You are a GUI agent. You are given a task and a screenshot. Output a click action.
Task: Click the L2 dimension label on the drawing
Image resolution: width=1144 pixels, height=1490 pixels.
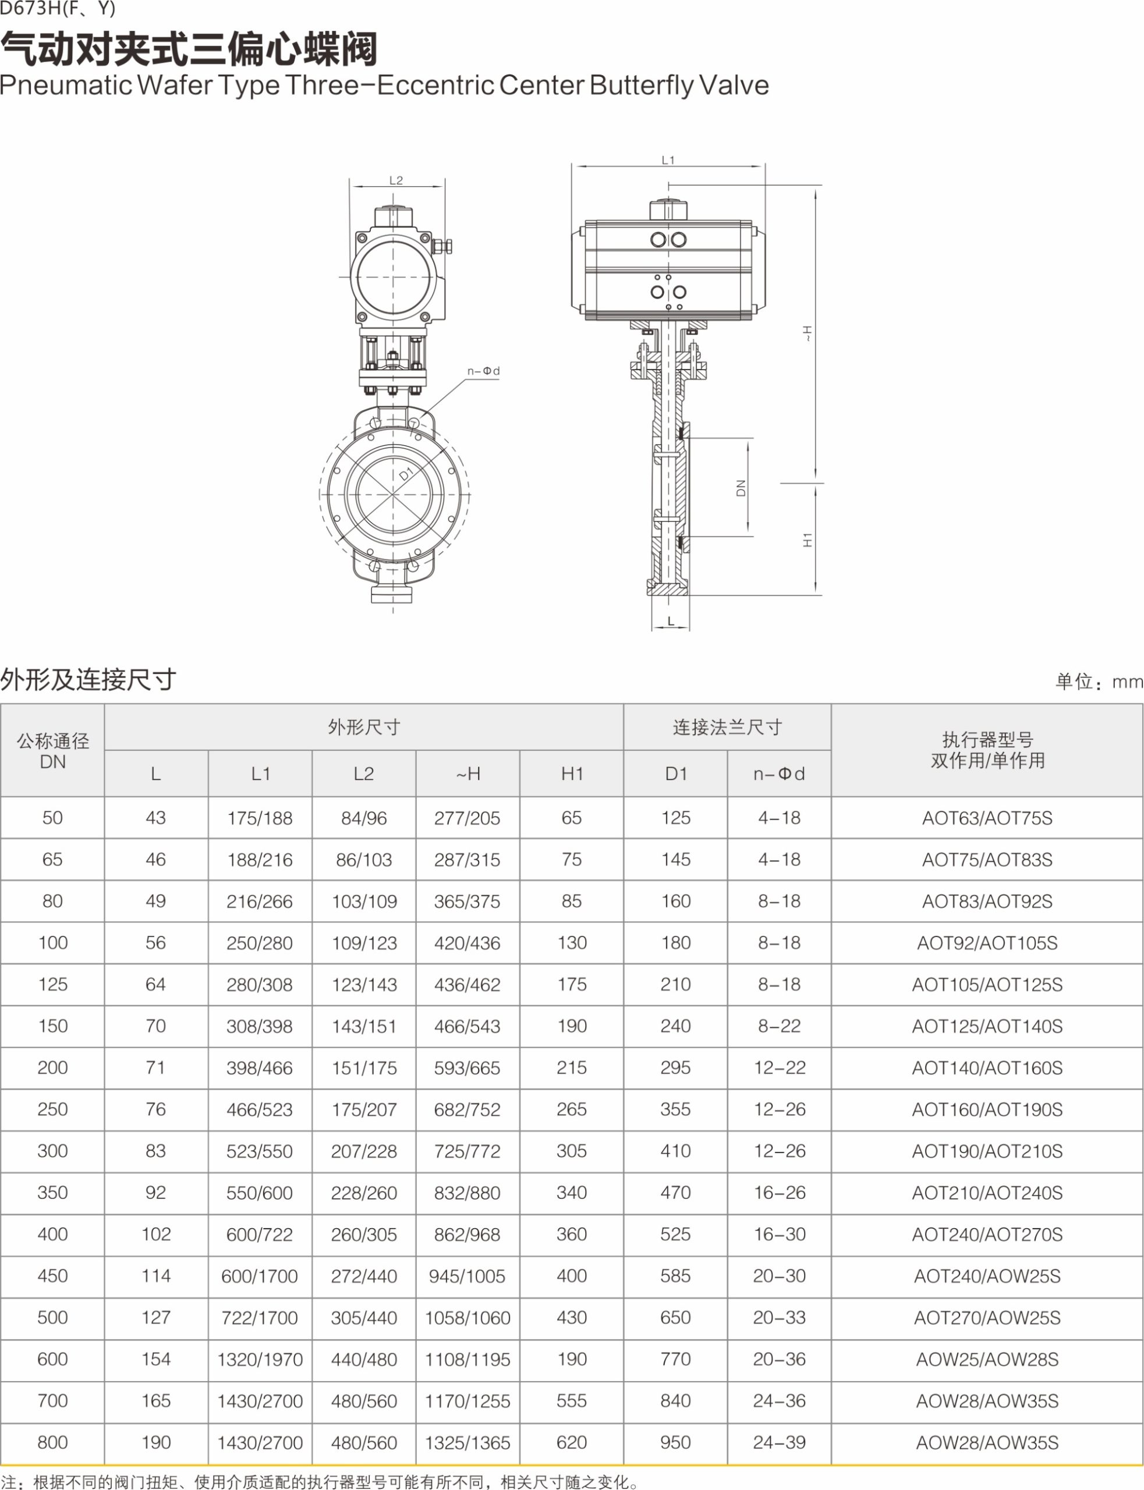click(x=396, y=180)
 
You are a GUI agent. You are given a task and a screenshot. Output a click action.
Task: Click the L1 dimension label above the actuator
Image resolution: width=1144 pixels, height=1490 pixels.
click(x=668, y=160)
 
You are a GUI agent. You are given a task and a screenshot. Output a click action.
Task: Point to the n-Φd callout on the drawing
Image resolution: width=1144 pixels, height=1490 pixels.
click(x=483, y=371)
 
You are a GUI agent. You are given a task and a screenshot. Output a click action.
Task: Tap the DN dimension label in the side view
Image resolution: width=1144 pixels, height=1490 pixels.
click(x=742, y=488)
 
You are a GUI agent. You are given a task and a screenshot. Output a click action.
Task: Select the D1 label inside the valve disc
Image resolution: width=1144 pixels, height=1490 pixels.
click(x=406, y=474)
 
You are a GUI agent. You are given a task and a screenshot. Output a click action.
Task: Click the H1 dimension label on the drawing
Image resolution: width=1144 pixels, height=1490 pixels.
click(x=807, y=540)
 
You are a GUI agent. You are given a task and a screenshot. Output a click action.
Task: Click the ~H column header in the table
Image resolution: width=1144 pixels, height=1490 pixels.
click(x=468, y=774)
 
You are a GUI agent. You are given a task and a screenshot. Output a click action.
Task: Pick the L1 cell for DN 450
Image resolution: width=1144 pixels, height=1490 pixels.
click(x=260, y=1276)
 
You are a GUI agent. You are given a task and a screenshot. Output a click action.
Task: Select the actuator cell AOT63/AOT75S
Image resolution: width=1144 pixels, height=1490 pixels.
click(x=987, y=818)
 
